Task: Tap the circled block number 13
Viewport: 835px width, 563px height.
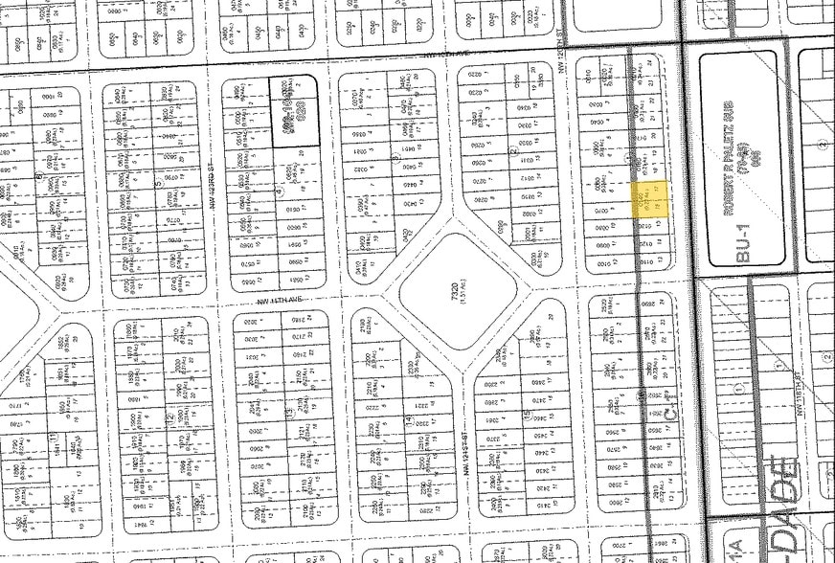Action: coord(287,412)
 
